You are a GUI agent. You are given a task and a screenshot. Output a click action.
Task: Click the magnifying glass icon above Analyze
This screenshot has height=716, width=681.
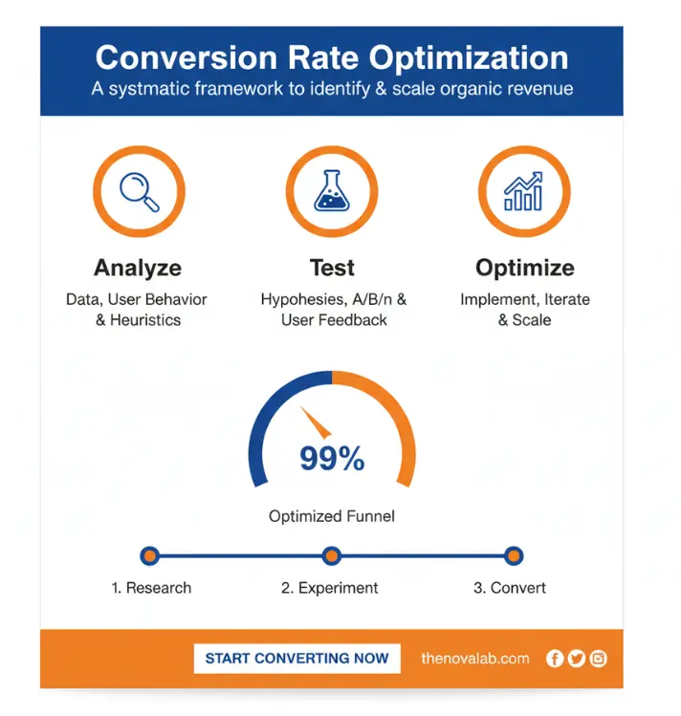click(139, 190)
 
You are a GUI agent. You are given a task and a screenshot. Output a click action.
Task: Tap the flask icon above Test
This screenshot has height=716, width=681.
click(331, 190)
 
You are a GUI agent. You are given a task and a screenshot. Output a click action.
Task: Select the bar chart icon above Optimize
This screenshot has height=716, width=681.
click(523, 190)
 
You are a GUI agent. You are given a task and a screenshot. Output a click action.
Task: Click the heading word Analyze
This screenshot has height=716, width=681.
click(138, 268)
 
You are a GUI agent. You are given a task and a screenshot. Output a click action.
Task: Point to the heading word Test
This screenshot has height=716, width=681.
click(332, 268)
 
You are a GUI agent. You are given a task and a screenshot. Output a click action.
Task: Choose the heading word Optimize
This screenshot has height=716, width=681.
click(524, 268)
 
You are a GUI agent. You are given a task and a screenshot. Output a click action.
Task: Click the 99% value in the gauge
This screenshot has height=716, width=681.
click(332, 459)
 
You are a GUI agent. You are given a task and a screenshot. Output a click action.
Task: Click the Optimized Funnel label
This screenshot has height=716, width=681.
click(332, 516)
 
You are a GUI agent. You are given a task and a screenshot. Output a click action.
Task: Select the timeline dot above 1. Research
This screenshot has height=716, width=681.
click(149, 555)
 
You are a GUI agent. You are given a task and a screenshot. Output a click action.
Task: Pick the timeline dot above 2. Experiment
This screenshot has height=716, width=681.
click(332, 555)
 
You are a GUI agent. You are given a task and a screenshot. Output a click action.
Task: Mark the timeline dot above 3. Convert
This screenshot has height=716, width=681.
click(514, 555)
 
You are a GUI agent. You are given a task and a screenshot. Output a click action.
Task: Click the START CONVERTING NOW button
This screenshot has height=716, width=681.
click(297, 658)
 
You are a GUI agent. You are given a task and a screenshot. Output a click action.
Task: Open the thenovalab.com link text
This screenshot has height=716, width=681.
click(475, 658)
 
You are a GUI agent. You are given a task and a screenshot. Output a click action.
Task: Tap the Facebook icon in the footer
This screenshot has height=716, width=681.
click(555, 658)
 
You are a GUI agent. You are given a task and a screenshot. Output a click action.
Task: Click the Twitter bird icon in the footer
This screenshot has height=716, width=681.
click(576, 658)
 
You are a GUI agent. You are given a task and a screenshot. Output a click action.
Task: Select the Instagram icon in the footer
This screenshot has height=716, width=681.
click(598, 658)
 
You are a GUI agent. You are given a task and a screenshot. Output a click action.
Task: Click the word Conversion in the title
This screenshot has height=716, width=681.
click(172, 57)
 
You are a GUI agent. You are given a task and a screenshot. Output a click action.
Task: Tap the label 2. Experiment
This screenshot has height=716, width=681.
click(330, 588)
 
